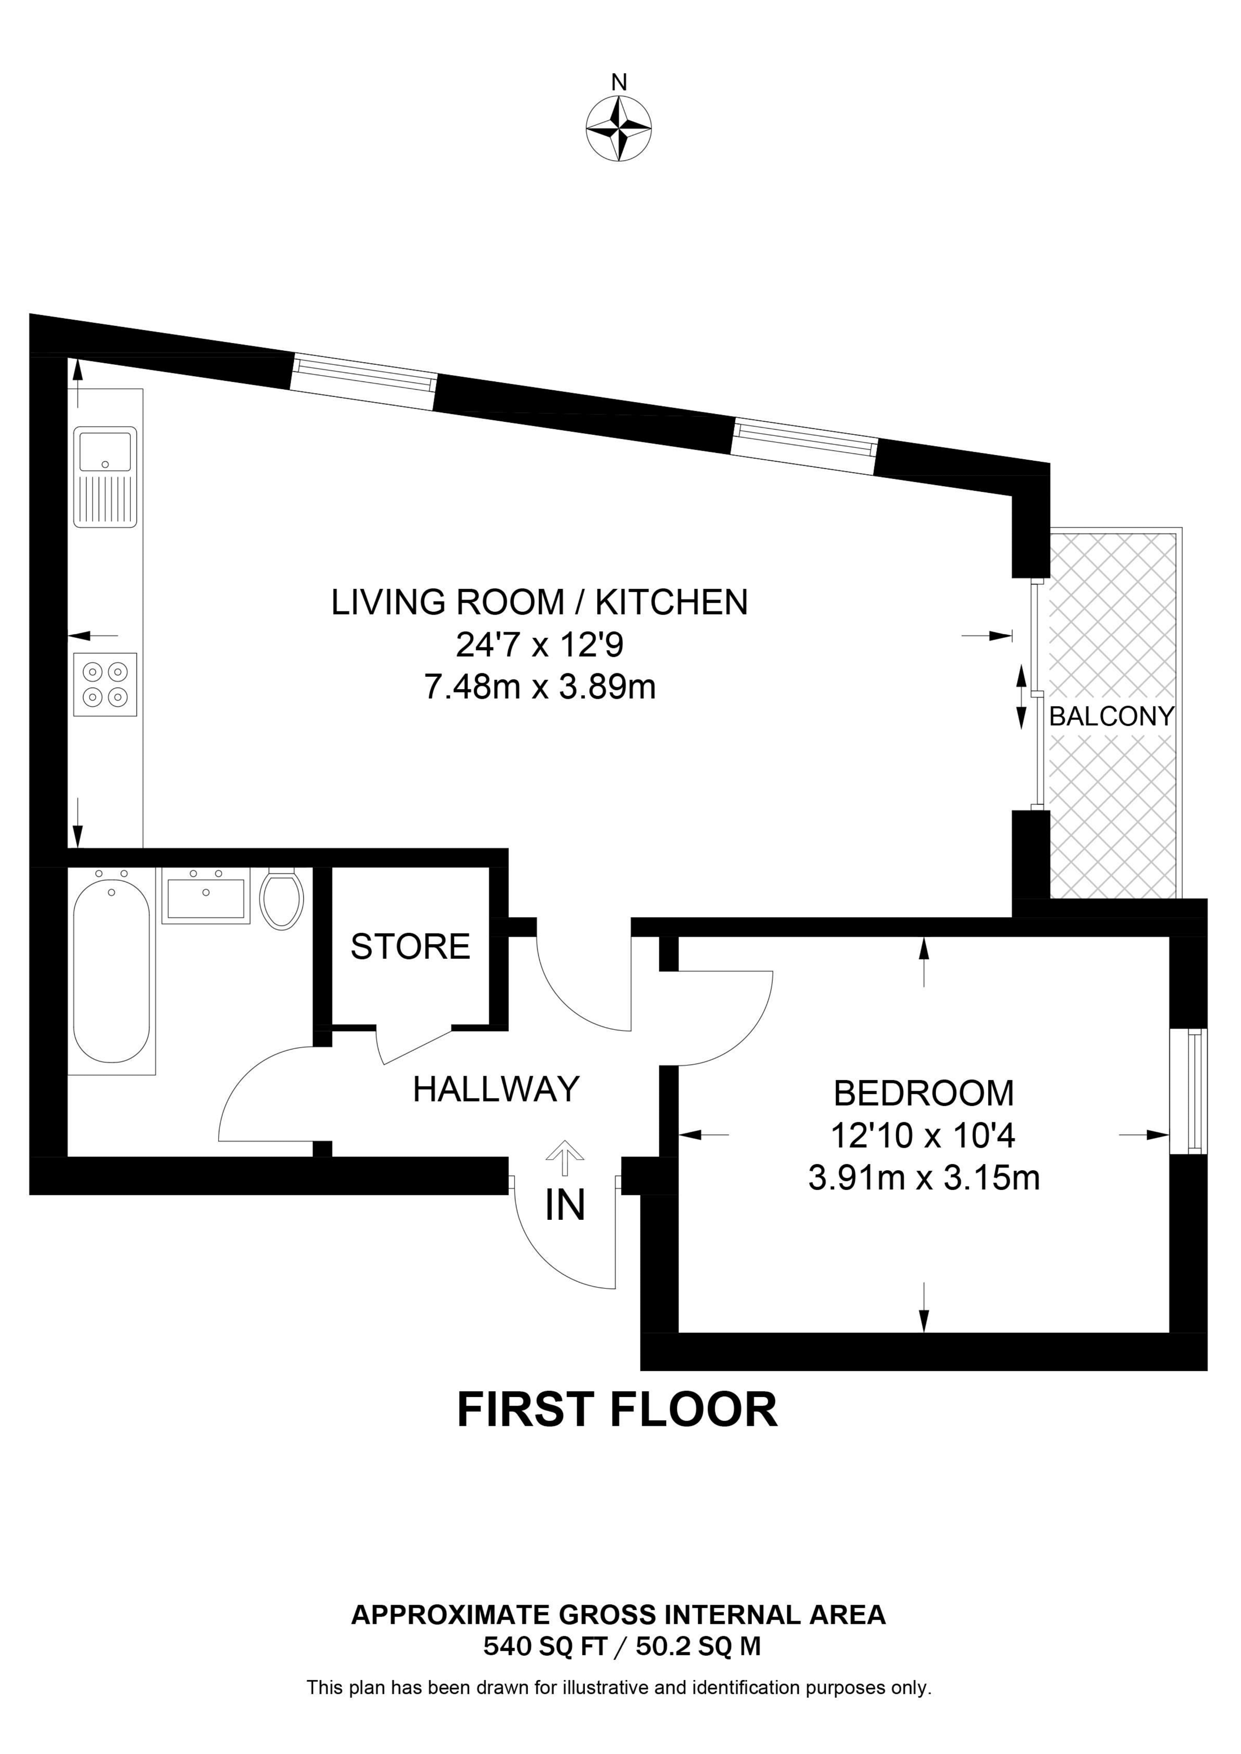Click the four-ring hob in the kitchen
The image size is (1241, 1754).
click(x=105, y=685)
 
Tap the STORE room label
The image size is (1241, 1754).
click(x=410, y=947)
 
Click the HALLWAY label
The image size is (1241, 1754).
click(x=497, y=1090)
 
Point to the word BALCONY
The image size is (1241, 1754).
click(x=1112, y=717)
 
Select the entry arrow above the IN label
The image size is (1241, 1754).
click(x=565, y=1158)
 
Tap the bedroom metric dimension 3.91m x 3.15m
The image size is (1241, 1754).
click(x=925, y=1177)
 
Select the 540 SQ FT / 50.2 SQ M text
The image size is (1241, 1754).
click(x=622, y=1646)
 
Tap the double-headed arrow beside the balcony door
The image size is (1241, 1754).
click(x=1021, y=696)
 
